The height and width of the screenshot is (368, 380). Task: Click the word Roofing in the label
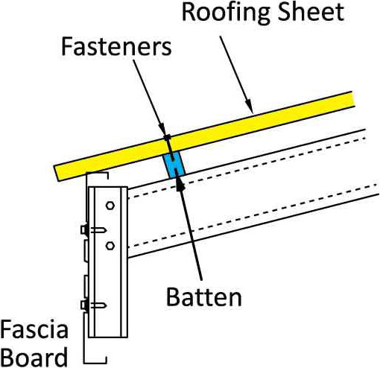tap(226, 13)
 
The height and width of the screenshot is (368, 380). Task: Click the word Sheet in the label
tap(311, 12)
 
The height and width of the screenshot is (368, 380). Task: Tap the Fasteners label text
tap(116, 47)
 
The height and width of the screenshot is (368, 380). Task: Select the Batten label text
tap(203, 297)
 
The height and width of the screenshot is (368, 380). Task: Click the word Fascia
tap(34, 329)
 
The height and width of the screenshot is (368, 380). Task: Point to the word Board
tap(35, 357)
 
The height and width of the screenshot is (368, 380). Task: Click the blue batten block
tap(174, 165)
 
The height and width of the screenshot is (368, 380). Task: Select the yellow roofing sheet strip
tap(204, 136)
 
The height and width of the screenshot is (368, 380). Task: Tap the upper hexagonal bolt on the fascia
tap(110, 206)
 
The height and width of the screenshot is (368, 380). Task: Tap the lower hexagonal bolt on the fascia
tap(110, 246)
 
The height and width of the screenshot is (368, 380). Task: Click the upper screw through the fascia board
tap(94, 230)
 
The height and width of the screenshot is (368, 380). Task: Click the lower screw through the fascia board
tap(94, 305)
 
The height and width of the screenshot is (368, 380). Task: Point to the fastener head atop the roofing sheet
tap(167, 137)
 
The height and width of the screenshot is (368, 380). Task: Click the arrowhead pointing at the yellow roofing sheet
tap(250, 107)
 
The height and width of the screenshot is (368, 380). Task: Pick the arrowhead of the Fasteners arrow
tap(162, 128)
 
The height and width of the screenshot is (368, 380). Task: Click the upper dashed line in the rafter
tap(247, 168)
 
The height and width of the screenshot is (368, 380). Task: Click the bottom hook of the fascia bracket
tap(95, 360)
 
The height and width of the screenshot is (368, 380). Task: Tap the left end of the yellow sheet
tap(56, 173)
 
